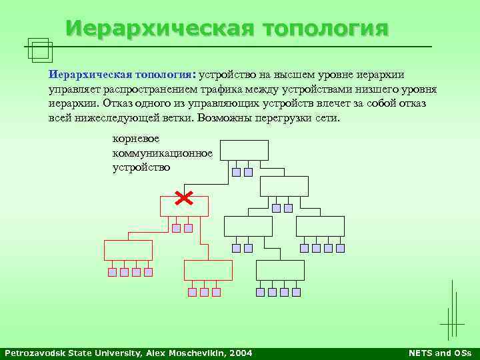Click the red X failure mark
click(x=184, y=197)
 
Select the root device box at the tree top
click(x=244, y=150)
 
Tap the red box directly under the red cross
click(x=184, y=207)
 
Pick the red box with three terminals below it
click(x=208, y=270)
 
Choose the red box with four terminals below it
click(x=128, y=250)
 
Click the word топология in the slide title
click(x=326, y=29)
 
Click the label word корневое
click(x=135, y=139)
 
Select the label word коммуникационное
click(x=163, y=153)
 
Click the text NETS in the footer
click(x=422, y=353)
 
